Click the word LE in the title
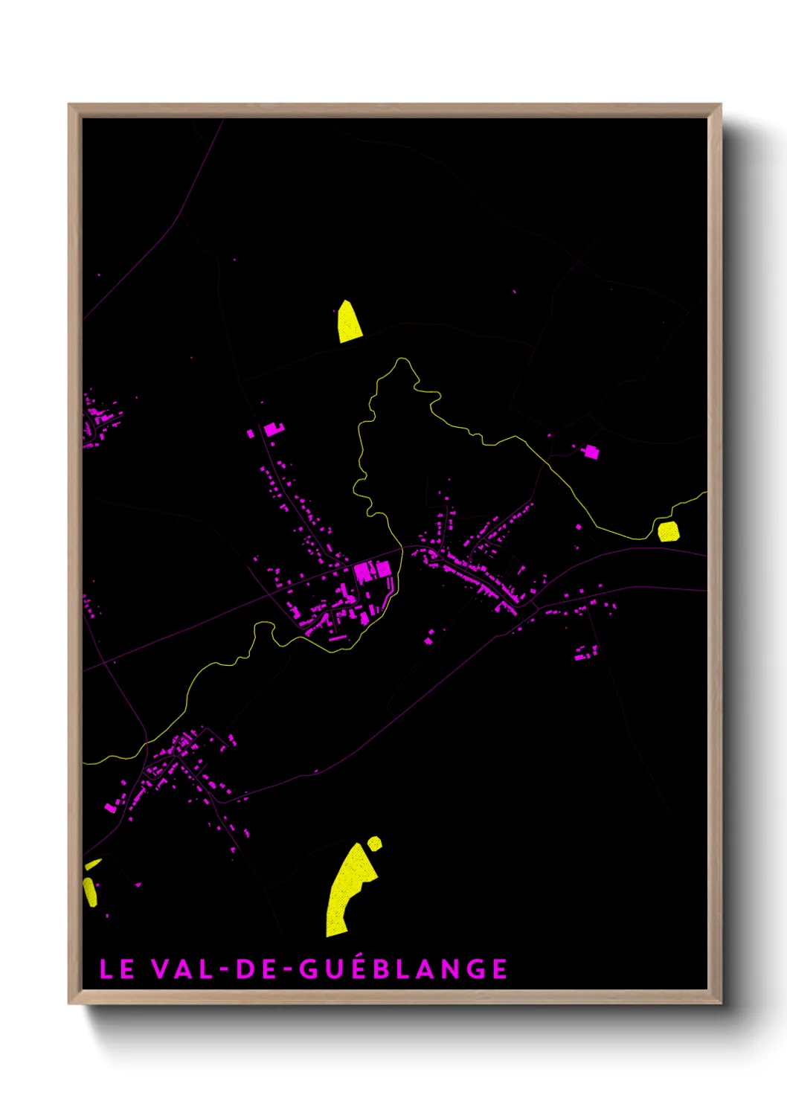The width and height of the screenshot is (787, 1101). pos(117,969)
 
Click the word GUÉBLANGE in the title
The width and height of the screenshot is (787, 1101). pos(404,969)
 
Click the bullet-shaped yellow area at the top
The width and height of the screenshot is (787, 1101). pos(348,322)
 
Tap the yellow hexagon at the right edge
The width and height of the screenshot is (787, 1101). pos(668,531)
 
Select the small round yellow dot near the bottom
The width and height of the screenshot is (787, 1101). pos(375,843)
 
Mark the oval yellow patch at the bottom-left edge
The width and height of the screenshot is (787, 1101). pos(90,891)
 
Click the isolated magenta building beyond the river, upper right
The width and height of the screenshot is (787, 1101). pos(591,451)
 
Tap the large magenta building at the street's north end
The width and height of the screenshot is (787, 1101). pos(273,428)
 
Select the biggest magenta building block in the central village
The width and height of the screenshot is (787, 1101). pos(364,571)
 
